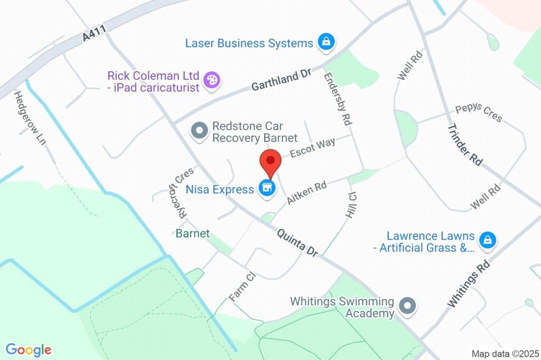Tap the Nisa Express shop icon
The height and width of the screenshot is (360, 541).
pyautogui.click(x=267, y=188)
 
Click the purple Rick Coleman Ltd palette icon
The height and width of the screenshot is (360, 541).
pyautogui.click(x=213, y=81)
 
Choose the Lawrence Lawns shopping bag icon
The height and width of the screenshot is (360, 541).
pyautogui.click(x=487, y=241)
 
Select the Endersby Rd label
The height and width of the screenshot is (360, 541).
pyautogui.click(x=339, y=99)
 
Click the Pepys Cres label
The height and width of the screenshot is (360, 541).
pyautogui.click(x=479, y=113)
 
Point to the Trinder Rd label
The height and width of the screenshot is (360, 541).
pyautogui.click(x=465, y=145)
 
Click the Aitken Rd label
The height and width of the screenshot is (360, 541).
pyautogui.click(x=306, y=193)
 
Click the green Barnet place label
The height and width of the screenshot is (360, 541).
pyautogui.click(x=193, y=233)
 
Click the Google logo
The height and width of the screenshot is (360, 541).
pyautogui.click(x=29, y=349)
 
